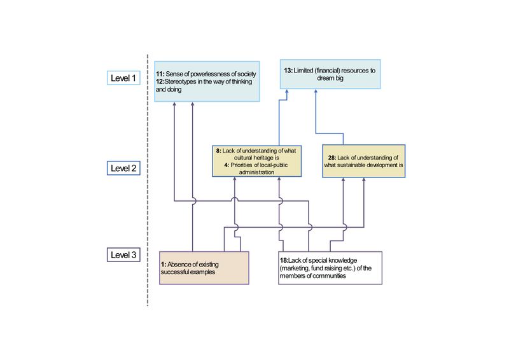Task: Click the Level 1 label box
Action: coord(124,78)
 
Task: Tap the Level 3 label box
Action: coord(124,255)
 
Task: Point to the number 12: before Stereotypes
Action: coord(161,82)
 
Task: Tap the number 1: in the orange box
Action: coord(163,264)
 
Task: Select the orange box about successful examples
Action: coord(203,267)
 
